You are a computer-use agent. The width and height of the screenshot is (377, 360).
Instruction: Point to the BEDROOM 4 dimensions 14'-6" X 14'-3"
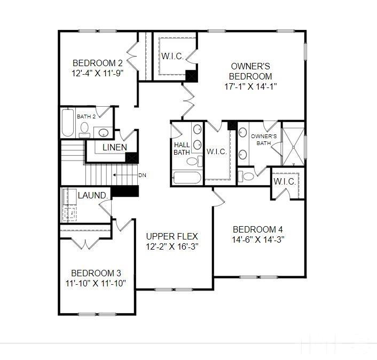(258, 239)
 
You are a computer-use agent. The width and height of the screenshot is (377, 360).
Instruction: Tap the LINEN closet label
(114, 148)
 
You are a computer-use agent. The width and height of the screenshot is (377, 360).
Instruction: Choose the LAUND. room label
(93, 196)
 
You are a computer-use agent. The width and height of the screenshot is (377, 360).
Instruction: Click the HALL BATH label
(182, 148)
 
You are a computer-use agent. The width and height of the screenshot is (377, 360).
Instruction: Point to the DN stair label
(142, 175)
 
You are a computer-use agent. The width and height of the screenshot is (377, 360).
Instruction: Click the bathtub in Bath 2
(67, 123)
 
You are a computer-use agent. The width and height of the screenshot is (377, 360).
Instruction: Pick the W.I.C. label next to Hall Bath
(216, 151)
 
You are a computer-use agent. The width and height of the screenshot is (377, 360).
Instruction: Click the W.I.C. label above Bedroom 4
(285, 182)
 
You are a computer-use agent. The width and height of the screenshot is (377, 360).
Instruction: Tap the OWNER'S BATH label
(263, 140)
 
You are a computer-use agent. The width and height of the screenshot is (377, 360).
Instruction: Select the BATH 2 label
(86, 116)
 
